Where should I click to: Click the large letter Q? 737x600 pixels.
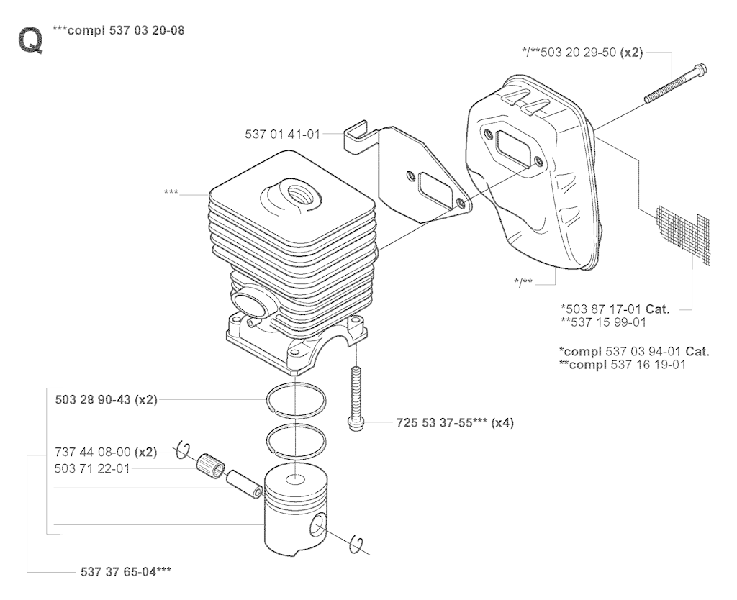30,40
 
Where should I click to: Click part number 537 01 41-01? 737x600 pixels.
282,135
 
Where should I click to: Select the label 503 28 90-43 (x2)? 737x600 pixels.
107,400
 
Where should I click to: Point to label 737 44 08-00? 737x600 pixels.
93,452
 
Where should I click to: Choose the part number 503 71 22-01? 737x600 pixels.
92,468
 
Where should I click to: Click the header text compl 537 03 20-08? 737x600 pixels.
126,30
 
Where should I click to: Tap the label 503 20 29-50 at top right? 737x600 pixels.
578,52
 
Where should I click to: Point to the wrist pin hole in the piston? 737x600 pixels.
317,525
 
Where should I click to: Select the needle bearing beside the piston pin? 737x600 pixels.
211,465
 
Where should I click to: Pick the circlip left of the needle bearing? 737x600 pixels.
183,450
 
